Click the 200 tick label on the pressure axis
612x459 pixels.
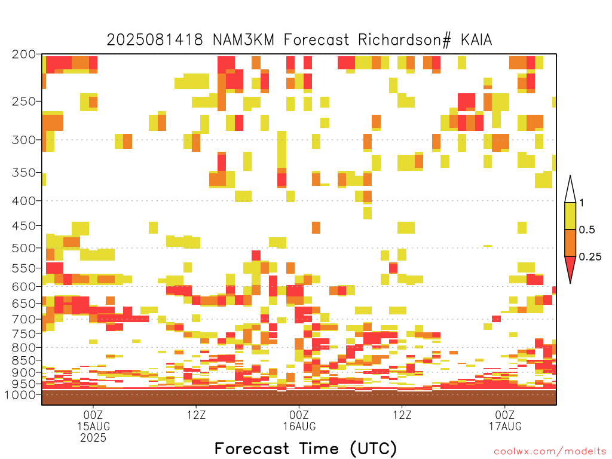point(23,54)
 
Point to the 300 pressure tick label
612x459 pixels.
point(23,140)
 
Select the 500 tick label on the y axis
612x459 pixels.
point(23,248)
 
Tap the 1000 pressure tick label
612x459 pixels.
point(20,394)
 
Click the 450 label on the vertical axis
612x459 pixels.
point(23,226)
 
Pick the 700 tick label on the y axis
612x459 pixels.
point(23,319)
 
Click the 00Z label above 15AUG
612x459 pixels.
point(93,415)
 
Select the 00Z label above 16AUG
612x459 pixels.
point(299,415)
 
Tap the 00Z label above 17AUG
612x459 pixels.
point(505,415)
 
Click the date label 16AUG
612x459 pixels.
point(299,426)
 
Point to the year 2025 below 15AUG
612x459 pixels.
point(93,438)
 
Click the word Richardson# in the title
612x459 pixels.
point(405,40)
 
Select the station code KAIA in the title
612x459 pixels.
point(476,40)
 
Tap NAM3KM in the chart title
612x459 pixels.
point(243,40)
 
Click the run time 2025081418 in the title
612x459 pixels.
point(155,40)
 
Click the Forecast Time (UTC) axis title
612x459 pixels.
point(305,449)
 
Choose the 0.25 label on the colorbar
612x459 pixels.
point(590,257)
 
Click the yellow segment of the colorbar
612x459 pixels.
point(570,216)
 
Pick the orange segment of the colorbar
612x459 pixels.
point(570,243)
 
